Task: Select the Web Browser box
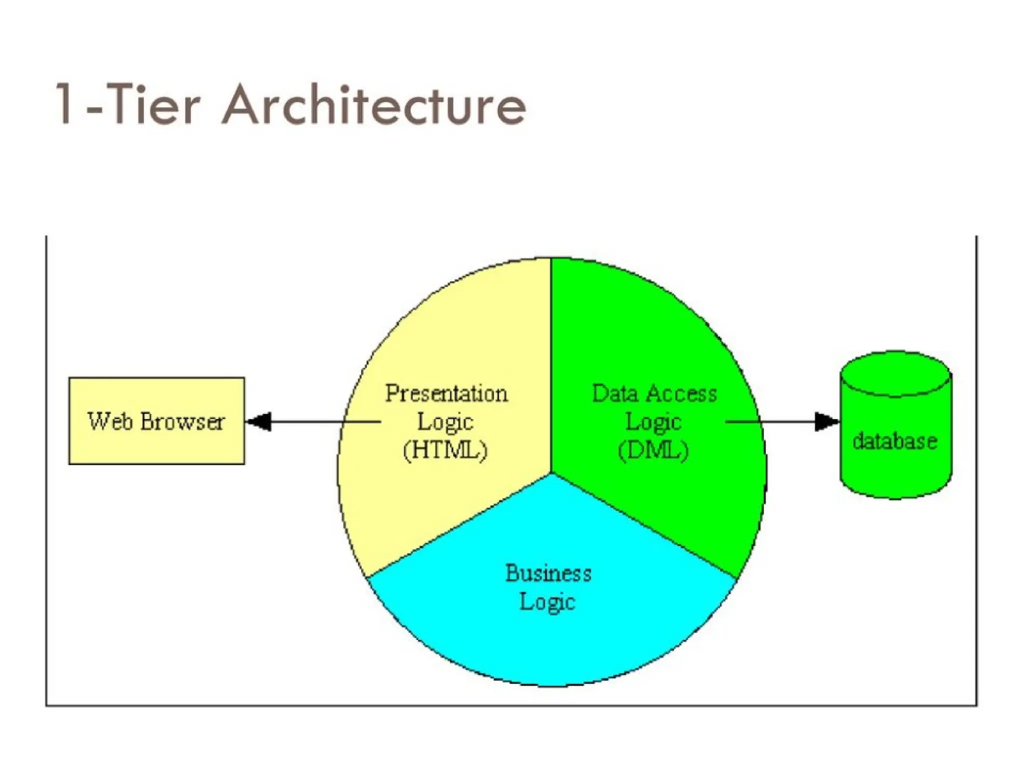[x=156, y=421]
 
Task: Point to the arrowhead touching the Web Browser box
[x=259, y=421]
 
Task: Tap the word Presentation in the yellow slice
[x=446, y=393]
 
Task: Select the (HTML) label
[x=445, y=450]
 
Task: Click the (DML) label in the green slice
[x=653, y=450]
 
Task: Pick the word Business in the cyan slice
[x=548, y=573]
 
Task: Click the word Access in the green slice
[x=680, y=393]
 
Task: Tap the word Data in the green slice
[x=615, y=393]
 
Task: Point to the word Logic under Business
[x=547, y=601]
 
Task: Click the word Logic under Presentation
[x=445, y=422]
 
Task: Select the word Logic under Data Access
[x=653, y=422]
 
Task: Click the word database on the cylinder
[x=894, y=441]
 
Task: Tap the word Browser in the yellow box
[x=182, y=421]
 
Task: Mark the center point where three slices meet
[x=551, y=472]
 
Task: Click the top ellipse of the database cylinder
[x=895, y=374]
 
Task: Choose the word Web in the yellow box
[x=110, y=421]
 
